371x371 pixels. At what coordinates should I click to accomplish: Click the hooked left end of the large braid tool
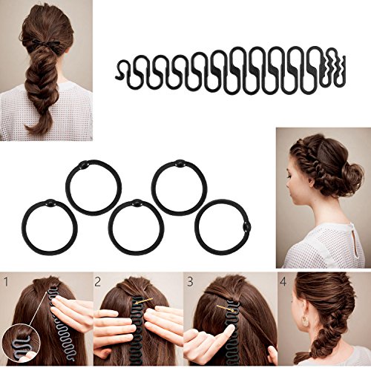125,69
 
